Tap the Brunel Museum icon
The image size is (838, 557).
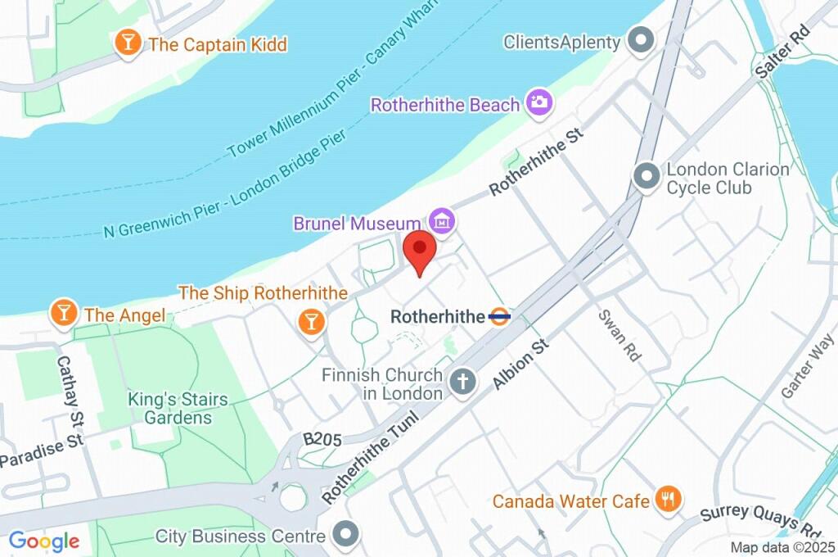tap(443, 220)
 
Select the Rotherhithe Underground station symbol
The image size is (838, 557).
tap(499, 316)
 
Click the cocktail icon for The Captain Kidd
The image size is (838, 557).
tap(127, 43)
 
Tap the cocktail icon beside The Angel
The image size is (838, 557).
tap(63, 312)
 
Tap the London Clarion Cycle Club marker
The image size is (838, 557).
tap(647, 177)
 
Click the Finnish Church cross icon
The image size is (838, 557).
tap(463, 383)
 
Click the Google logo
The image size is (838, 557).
tap(44, 541)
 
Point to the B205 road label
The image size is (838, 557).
tap(322, 440)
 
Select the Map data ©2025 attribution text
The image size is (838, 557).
tap(783, 547)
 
